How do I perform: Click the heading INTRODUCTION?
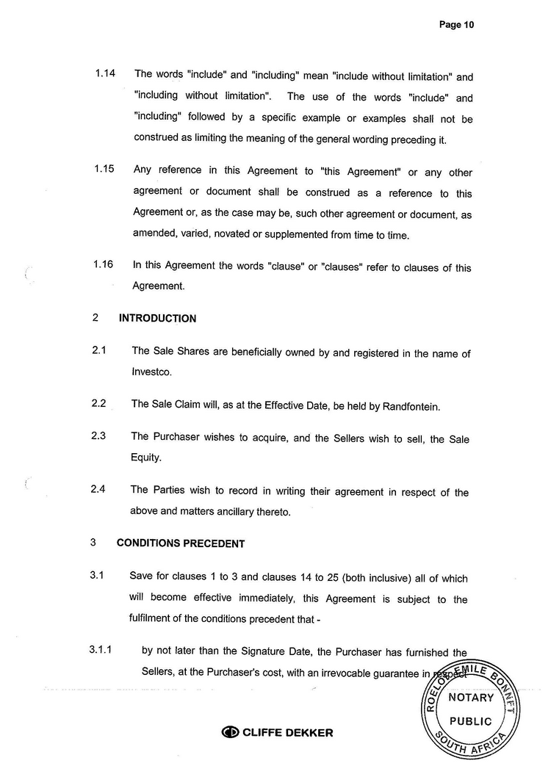157,319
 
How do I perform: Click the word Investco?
151,372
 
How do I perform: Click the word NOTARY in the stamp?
470,698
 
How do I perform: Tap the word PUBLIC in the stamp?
470,721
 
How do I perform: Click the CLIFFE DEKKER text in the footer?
287,732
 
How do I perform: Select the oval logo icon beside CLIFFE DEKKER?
231,732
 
